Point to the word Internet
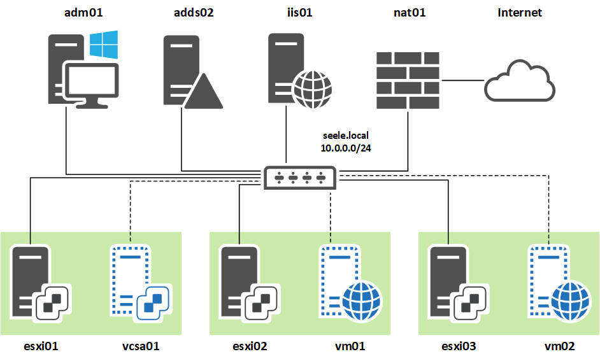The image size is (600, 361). point(519,12)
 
